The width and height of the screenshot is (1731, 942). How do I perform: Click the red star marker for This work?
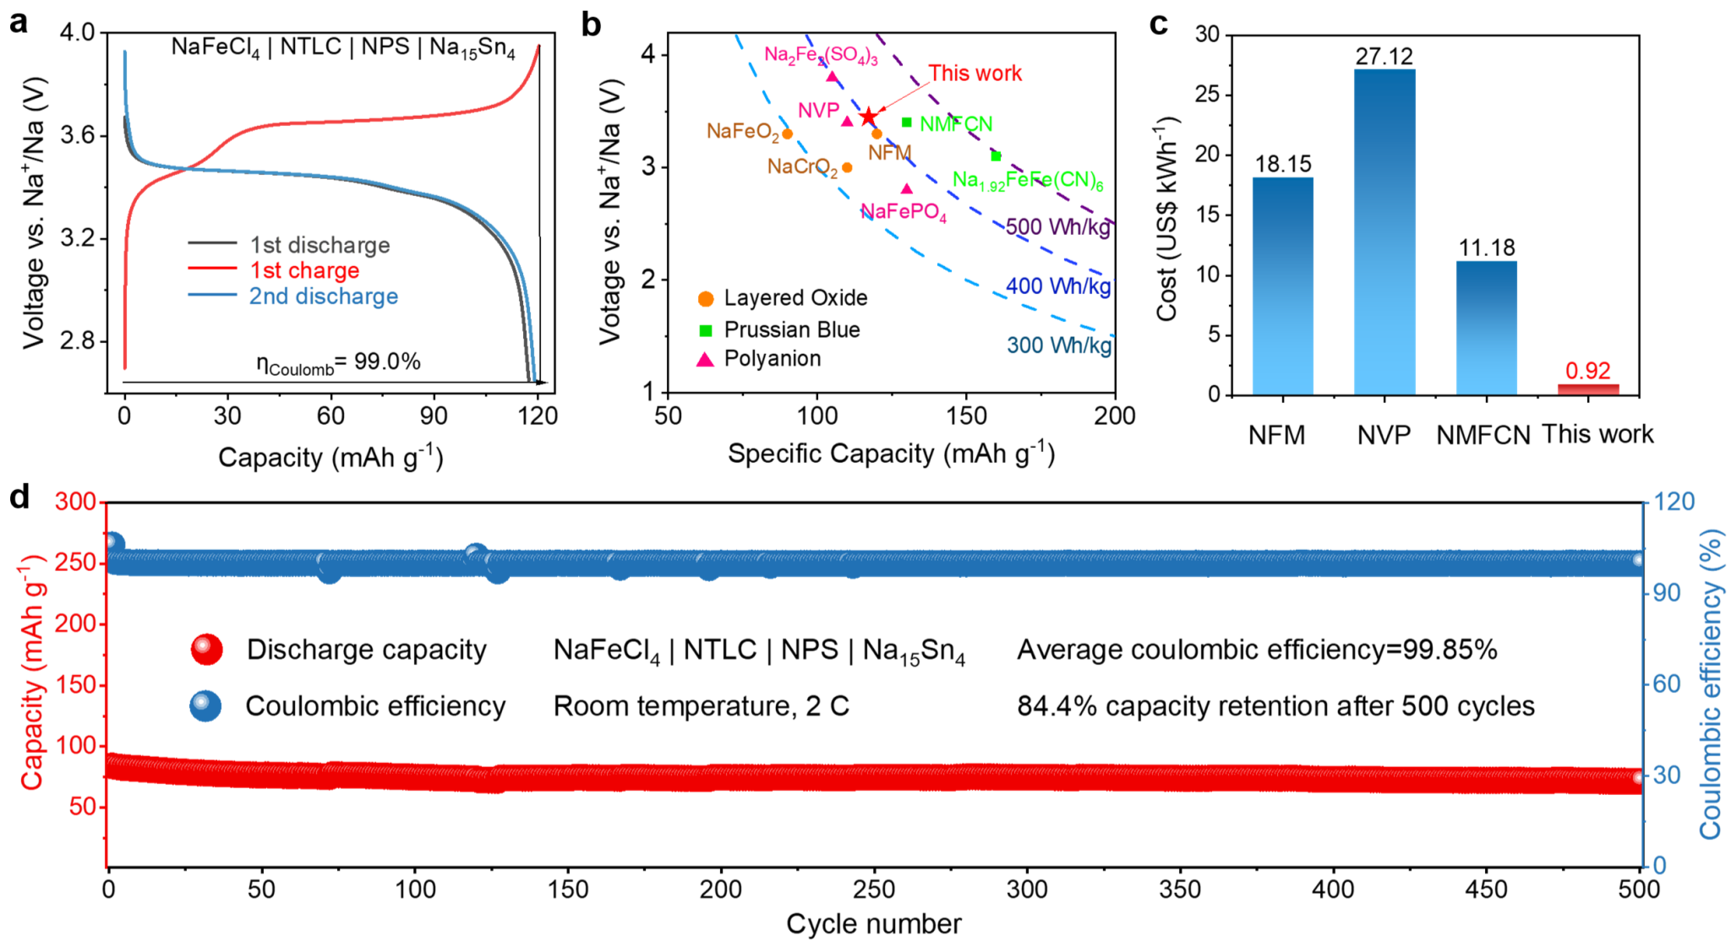tap(868, 117)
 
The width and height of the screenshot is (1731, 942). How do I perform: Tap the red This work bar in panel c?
tap(1588, 389)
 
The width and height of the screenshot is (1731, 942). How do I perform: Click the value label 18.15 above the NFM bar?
tap(1283, 164)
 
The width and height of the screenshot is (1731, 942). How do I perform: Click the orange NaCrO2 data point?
tap(847, 167)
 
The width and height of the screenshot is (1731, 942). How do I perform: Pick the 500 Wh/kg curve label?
tap(1057, 227)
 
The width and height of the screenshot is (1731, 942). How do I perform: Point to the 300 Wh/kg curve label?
tap(1058, 345)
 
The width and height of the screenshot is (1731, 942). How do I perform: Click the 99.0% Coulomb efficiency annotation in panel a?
tap(338, 362)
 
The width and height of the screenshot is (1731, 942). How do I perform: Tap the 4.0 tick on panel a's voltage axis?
tap(78, 33)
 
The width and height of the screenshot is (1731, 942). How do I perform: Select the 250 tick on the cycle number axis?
tap(874, 889)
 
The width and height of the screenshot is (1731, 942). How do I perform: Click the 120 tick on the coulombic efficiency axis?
tap(1674, 502)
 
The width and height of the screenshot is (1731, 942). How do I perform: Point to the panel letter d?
tap(19, 497)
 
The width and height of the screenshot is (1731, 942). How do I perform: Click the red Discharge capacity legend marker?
tap(206, 649)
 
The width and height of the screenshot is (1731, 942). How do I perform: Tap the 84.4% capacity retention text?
tap(1275, 705)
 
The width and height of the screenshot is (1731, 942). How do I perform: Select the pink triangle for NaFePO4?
tap(907, 189)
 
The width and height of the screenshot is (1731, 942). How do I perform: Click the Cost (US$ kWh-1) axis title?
tap(1166, 220)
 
